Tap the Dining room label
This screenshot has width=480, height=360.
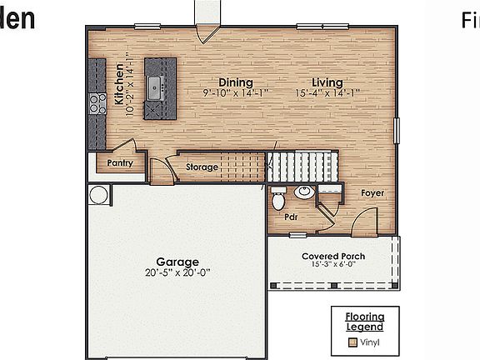(236, 82)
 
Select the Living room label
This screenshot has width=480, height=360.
(327, 82)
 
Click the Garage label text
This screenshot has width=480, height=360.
(177, 262)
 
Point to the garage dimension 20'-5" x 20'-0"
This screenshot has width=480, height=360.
(177, 272)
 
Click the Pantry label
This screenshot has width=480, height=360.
(120, 164)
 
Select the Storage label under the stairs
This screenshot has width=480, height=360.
(202, 167)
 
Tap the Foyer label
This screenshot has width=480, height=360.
(372, 193)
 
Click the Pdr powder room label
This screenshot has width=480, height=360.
(291, 217)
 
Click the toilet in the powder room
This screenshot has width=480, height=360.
(278, 200)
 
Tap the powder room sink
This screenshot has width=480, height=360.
(304, 192)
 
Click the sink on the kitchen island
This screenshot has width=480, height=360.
(155, 84)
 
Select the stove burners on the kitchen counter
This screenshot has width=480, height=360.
(93, 102)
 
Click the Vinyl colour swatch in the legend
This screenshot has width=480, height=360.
(353, 342)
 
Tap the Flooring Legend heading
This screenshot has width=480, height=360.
(365, 321)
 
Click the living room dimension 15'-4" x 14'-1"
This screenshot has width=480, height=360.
(327, 93)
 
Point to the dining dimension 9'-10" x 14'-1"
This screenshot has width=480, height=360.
(236, 93)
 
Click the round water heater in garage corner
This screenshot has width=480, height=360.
(98, 195)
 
